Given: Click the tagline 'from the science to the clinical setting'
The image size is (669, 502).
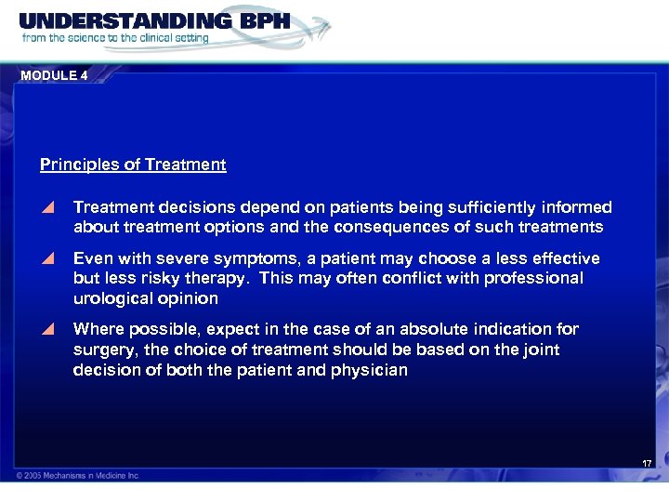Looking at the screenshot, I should click(x=115, y=39).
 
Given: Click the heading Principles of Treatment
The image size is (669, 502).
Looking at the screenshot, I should click(x=133, y=165).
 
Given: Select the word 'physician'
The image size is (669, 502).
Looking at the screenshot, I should click(x=372, y=370).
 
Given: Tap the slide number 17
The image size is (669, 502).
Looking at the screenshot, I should click(x=647, y=463).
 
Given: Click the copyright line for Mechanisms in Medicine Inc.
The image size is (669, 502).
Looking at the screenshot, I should click(x=78, y=476).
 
